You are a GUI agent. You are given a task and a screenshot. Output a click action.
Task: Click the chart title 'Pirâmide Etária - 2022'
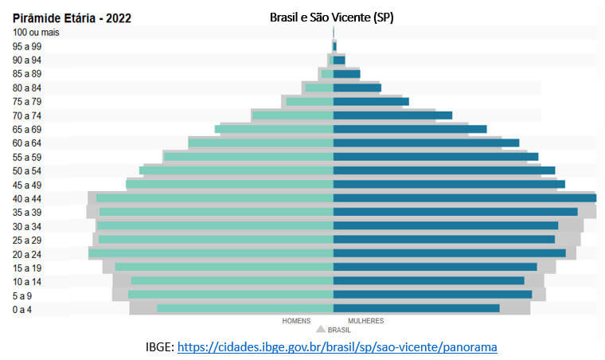[72, 18]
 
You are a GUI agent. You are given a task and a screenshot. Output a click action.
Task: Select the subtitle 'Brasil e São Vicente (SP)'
[331, 18]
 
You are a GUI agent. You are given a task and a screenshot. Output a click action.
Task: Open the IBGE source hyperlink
[338, 347]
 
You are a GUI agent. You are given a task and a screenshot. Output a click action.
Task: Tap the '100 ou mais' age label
[37, 33]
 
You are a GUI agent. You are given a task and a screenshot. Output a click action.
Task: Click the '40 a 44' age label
[27, 198]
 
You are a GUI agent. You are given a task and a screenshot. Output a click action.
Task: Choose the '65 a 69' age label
[27, 129]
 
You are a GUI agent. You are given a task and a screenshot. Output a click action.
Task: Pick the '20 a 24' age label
[27, 254]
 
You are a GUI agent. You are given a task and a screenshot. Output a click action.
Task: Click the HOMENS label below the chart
[297, 321]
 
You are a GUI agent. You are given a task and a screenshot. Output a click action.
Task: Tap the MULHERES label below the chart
[365, 321]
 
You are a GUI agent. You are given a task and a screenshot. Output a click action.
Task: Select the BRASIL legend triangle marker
[321, 328]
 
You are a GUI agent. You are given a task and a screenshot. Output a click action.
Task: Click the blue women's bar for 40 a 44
[464, 198]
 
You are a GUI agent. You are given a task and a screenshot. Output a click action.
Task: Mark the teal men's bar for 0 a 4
[244, 308]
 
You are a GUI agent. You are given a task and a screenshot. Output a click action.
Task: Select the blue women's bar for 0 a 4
[416, 308]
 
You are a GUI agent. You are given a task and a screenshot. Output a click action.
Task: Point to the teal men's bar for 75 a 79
[309, 101]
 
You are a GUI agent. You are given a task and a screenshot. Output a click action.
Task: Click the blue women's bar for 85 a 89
[346, 73]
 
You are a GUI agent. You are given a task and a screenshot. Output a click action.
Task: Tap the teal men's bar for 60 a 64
[260, 143]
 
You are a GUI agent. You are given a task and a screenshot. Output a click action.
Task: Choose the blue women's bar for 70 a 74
[392, 115]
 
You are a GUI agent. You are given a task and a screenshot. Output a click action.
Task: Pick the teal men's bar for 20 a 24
[210, 253]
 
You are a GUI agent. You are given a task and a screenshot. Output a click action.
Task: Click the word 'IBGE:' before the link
[159, 347]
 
